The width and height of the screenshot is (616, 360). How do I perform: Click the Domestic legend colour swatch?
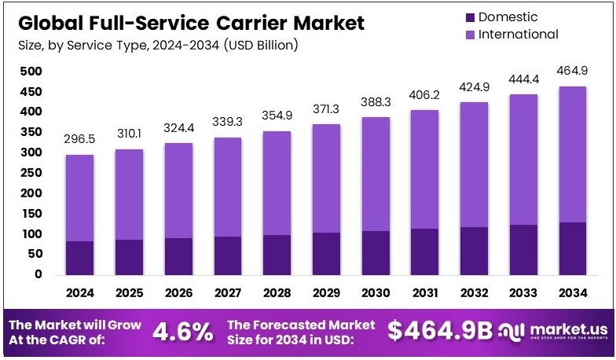click(x=470, y=17)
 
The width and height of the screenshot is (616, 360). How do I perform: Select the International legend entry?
click(x=518, y=34)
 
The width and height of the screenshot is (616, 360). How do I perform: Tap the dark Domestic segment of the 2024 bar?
click(x=80, y=258)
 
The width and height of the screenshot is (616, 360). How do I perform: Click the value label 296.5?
click(x=79, y=138)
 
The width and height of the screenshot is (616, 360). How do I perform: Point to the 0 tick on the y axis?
click(x=38, y=274)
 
